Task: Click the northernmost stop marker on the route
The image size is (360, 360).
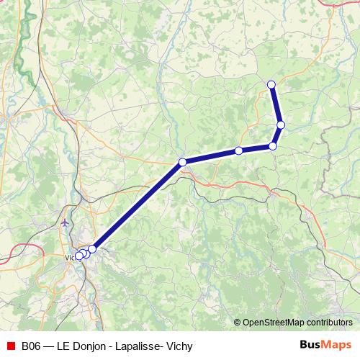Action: click(x=271, y=85)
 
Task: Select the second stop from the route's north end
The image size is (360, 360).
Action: click(x=281, y=125)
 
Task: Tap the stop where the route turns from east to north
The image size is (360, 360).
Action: click(x=273, y=146)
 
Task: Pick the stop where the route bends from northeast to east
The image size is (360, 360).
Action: click(x=183, y=162)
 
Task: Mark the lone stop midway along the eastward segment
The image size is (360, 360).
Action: click(x=238, y=151)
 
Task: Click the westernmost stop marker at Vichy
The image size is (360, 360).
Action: click(x=78, y=256)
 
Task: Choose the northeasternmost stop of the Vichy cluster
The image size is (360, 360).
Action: click(x=92, y=248)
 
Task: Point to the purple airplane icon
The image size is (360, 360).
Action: click(x=66, y=222)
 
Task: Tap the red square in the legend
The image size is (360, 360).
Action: click(x=11, y=346)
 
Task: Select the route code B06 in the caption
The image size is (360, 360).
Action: click(x=31, y=346)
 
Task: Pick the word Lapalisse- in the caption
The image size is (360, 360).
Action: click(x=139, y=346)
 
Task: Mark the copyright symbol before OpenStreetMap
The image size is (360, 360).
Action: click(x=238, y=322)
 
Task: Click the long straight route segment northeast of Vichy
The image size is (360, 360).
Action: click(x=138, y=205)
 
